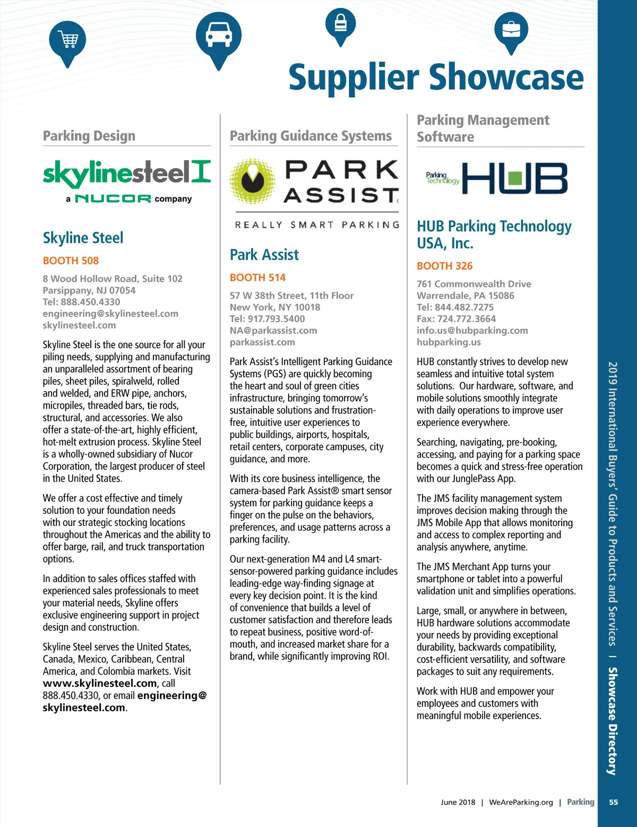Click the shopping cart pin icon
[67, 40]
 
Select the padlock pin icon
[340, 23]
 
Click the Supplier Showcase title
[436, 77]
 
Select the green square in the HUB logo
[514, 178]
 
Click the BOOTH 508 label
[71, 261]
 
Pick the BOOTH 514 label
[257, 278]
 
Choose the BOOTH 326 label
[444, 266]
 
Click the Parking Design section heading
[89, 136]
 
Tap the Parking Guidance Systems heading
[311, 136]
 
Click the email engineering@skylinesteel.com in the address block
[110, 314]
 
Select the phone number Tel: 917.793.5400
[267, 319]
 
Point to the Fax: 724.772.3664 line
[456, 319]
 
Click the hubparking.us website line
[449, 342]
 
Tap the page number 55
[613, 802]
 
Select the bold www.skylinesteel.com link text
[100, 684]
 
